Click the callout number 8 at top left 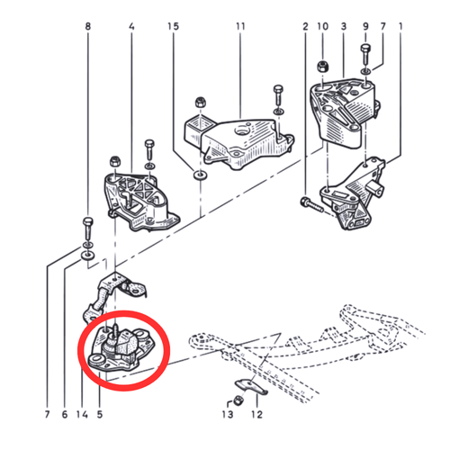coord(87,26)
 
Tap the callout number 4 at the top coord(131,26)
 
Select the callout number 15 coord(173,26)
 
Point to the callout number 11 coord(240,26)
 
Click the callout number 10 coord(323,26)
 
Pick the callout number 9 coord(365,26)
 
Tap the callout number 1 coord(400,26)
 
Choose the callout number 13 coord(228,414)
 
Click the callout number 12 coord(256,414)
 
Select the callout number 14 coord(82,414)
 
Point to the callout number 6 coord(65,414)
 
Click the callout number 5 coord(100,414)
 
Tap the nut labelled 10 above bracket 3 coord(323,67)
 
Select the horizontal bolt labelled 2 coord(312,205)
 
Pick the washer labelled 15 coord(201,175)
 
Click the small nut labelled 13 coord(238,400)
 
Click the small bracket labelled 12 coord(251,386)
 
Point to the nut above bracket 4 coord(115,162)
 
